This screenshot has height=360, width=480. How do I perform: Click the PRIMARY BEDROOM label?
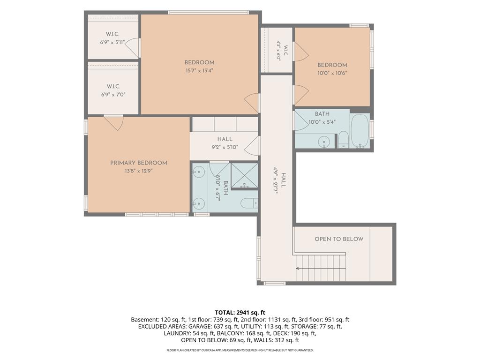point(139,163)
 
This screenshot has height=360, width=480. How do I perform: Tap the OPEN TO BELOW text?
point(339,239)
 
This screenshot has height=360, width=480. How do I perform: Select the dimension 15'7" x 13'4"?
point(199,70)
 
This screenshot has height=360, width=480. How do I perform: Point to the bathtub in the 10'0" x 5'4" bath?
point(360,131)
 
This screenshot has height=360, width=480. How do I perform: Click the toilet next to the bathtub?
point(344,140)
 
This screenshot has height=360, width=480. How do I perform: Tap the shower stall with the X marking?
point(244,176)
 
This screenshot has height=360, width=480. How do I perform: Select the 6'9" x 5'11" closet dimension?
point(112,42)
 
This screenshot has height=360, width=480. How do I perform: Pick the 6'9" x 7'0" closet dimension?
point(113,95)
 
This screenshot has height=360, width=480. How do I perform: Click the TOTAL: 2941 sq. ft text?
point(240,313)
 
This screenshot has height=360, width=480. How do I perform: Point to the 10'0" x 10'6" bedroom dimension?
point(332,73)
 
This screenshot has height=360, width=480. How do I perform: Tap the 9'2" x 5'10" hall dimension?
point(225,147)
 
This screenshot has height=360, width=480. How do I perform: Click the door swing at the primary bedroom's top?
point(113,123)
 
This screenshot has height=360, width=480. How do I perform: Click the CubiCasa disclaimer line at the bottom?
point(240,350)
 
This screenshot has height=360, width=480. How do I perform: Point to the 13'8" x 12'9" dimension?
point(139,171)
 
